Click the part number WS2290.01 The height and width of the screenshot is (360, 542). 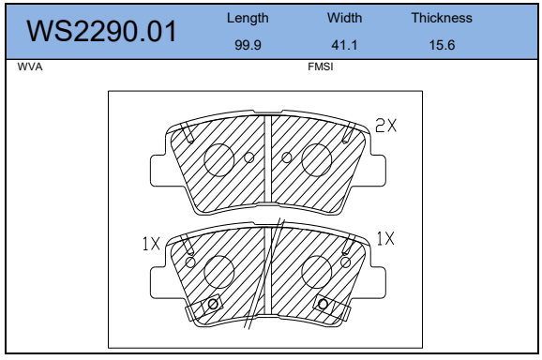pyautogui.click(x=101, y=32)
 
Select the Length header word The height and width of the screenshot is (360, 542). pyautogui.click(x=248, y=19)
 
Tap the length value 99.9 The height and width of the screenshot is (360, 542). pyautogui.click(x=248, y=45)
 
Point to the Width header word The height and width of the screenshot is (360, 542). pyautogui.click(x=345, y=18)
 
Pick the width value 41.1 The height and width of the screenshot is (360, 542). pyautogui.click(x=344, y=45)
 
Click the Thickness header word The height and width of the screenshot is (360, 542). pyautogui.click(x=442, y=18)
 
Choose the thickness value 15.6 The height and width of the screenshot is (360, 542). pyautogui.click(x=442, y=45)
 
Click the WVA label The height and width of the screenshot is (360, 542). pyautogui.click(x=30, y=67)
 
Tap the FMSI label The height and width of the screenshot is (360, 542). pyautogui.click(x=321, y=67)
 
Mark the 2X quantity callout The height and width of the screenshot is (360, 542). pyautogui.click(x=385, y=126)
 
